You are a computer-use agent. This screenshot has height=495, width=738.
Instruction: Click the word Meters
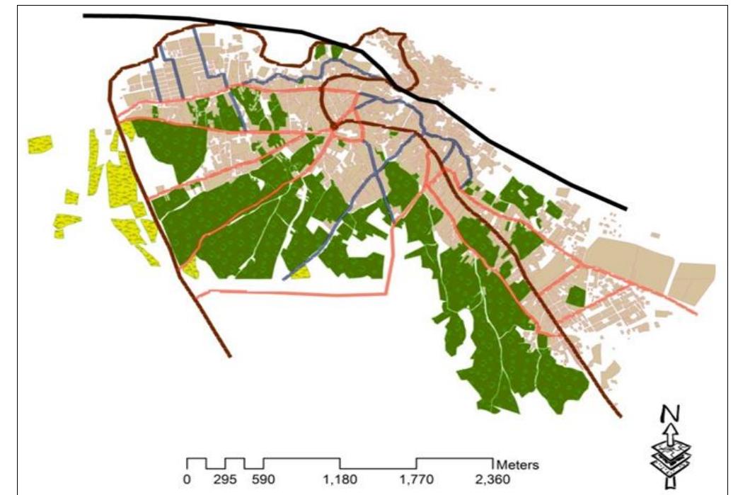point(518,466)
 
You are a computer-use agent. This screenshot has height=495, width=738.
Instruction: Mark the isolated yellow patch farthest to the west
point(40,144)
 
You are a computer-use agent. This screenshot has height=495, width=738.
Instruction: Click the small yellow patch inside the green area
point(301,272)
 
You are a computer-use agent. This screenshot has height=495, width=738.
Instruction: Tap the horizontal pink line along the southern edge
point(297,291)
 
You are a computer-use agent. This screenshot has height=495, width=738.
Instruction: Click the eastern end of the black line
point(625,209)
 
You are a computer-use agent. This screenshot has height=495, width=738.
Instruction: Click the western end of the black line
point(85,15)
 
